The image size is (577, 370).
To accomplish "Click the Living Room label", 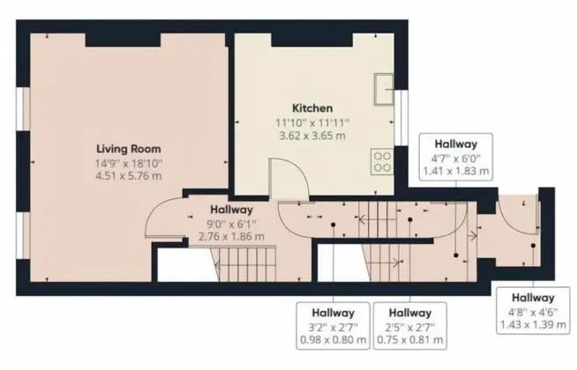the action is (x=129, y=149).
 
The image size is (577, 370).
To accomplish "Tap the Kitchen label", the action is (x=312, y=108).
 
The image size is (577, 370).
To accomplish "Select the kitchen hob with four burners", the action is (x=382, y=162).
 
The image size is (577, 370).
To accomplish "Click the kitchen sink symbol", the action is (x=384, y=90).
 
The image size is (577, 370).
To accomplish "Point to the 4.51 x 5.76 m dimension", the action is (x=129, y=176).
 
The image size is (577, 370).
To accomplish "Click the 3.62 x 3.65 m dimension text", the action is (x=312, y=136).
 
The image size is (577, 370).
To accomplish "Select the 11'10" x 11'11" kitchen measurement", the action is (x=312, y=122).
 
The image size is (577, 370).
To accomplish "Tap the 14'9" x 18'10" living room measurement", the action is (x=129, y=163).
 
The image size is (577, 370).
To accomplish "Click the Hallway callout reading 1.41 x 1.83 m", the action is (x=456, y=157).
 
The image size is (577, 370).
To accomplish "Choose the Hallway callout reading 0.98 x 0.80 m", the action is (x=333, y=326).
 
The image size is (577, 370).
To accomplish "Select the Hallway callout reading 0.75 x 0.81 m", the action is (x=410, y=326).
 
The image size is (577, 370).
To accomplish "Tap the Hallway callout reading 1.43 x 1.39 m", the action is (x=533, y=310).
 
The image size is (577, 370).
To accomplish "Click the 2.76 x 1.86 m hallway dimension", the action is (x=231, y=237).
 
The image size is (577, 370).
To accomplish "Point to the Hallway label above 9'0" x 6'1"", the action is (x=231, y=210).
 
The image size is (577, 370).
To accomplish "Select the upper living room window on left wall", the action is (x=23, y=108).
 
